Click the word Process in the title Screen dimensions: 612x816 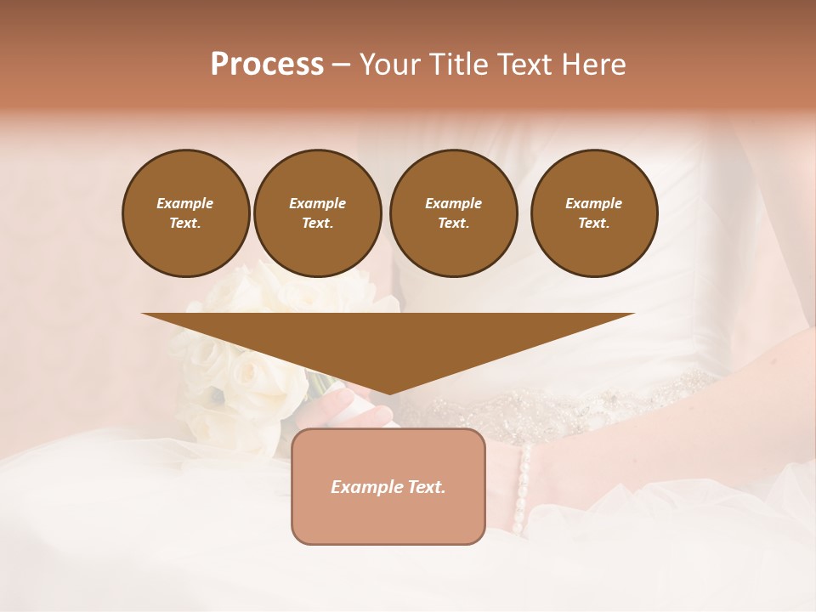click(x=267, y=65)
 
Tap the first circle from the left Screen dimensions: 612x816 click(x=185, y=213)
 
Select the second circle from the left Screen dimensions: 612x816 click(x=317, y=213)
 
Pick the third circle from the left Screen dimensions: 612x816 click(x=453, y=213)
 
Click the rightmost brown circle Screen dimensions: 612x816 click(x=593, y=213)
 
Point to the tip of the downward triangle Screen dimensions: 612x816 click(x=388, y=392)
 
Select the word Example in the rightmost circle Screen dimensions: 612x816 click(x=593, y=203)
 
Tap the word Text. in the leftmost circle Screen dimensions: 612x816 click(x=185, y=224)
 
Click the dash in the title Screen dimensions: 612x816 click(x=341, y=65)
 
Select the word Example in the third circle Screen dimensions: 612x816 click(x=453, y=203)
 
